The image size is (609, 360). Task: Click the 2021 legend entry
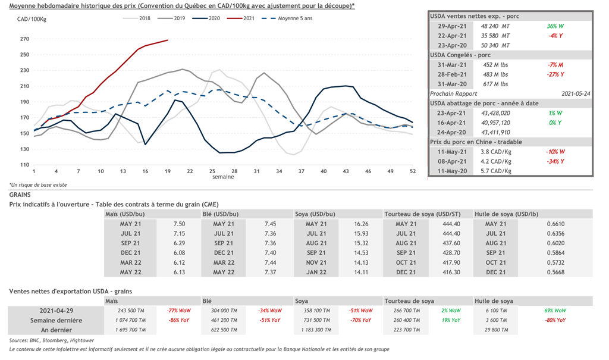249,18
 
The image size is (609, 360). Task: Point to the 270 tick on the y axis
24,39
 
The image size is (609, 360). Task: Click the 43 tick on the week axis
346,171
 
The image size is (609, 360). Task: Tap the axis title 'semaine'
222,177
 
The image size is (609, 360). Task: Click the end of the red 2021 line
168,40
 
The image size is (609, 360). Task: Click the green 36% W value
556,26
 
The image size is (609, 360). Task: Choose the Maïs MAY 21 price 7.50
179,224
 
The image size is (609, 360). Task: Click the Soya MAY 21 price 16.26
361,224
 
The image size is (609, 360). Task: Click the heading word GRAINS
21,194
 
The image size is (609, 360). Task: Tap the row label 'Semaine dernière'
57,320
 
